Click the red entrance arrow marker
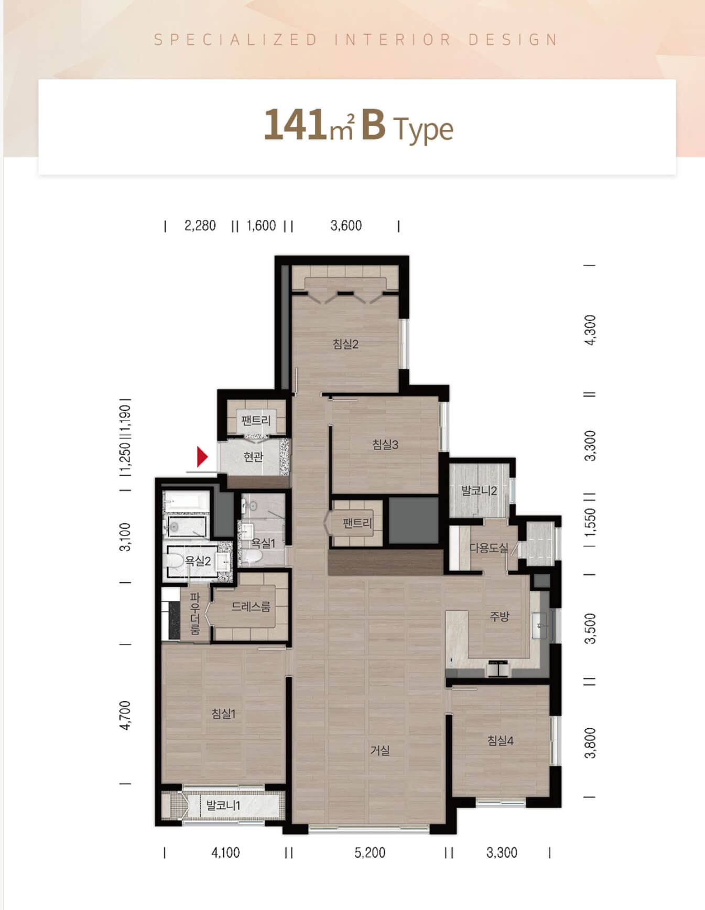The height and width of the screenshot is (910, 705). coord(202,456)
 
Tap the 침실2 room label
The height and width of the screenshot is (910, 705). coord(345,344)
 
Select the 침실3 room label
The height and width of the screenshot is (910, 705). coord(385,445)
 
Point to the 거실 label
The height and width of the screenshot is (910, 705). coord(380,750)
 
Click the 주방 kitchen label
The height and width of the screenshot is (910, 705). coord(500,616)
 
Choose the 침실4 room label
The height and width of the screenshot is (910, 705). coord(501,740)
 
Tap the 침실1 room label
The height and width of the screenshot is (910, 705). coord(223,714)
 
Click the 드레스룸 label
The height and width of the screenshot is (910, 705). coord(251,607)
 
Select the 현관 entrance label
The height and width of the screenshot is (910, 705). coord(253,457)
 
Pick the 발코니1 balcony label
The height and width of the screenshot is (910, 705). coord(223,805)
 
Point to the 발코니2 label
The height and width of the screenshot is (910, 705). coord(479,491)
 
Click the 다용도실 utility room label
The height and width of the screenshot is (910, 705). coord(489,548)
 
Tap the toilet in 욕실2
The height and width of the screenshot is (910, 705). coord(175,561)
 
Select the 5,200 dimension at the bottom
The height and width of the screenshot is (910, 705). coord(370,852)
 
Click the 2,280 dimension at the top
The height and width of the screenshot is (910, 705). coord(200,226)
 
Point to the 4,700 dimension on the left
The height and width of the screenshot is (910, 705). coord(125,715)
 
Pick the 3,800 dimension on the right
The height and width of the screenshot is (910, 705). coord(590,743)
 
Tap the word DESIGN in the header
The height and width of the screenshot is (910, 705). coord(513,40)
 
